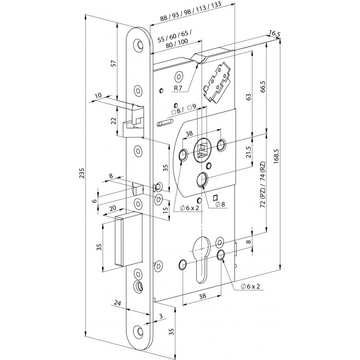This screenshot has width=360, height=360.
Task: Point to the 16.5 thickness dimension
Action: pyautogui.click(x=273, y=33)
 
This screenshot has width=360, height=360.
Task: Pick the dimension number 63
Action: pyautogui.click(x=247, y=96)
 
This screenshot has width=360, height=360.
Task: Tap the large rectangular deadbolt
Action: pyautogui.click(x=130, y=240)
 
